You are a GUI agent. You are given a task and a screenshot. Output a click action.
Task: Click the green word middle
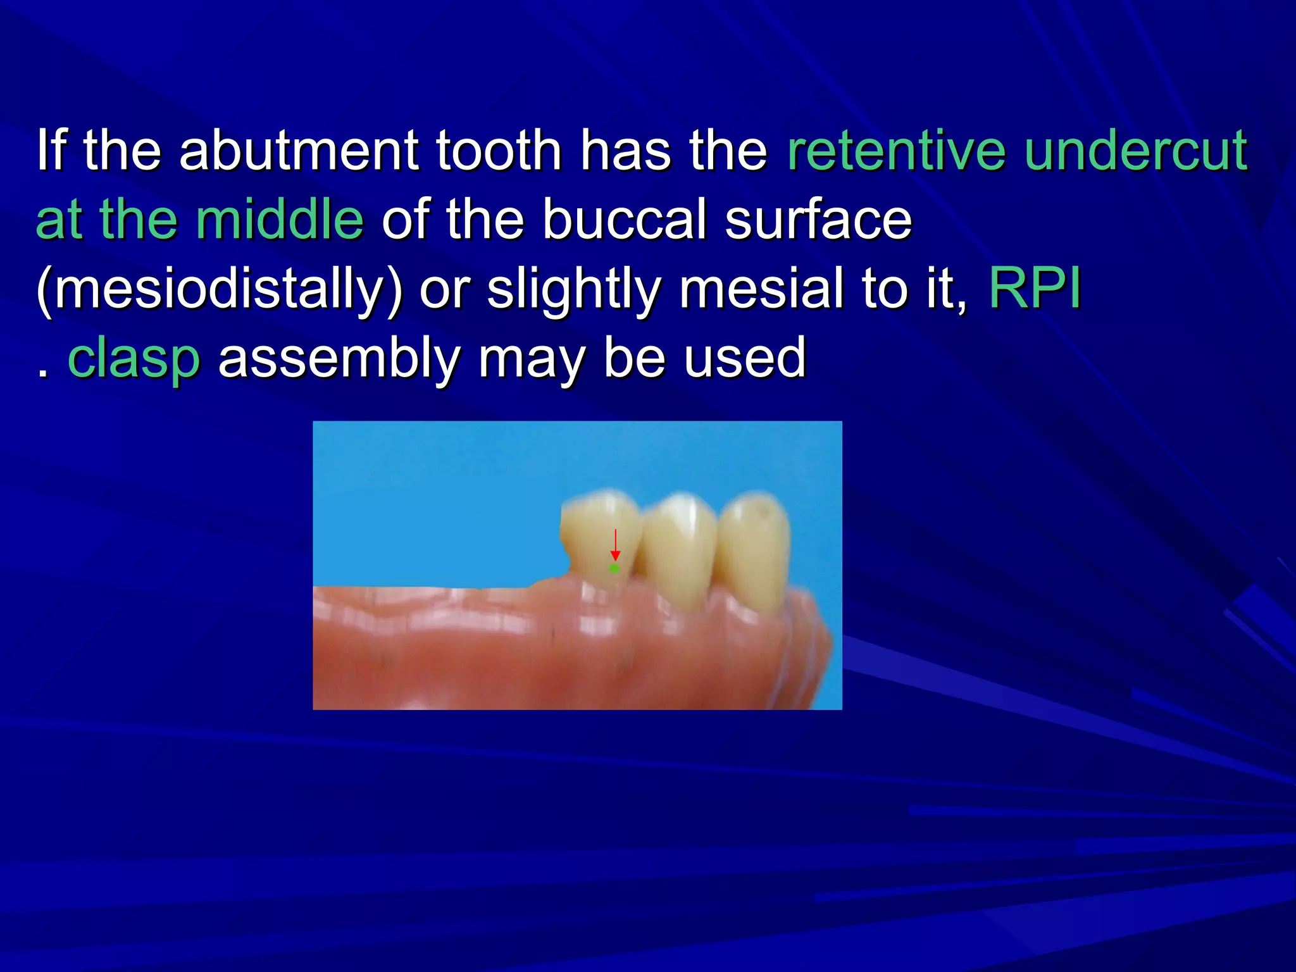tap(279, 220)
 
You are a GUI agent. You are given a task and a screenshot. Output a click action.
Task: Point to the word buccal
tap(623, 220)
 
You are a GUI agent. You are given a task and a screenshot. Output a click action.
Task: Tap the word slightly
tap(573, 289)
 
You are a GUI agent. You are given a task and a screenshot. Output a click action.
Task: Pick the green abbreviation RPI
tap(1035, 289)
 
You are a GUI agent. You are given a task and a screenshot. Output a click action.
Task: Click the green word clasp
tap(134, 359)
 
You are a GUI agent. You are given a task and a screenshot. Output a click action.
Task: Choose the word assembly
tap(339, 359)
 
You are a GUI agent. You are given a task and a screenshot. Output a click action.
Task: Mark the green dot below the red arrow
tap(614, 569)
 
